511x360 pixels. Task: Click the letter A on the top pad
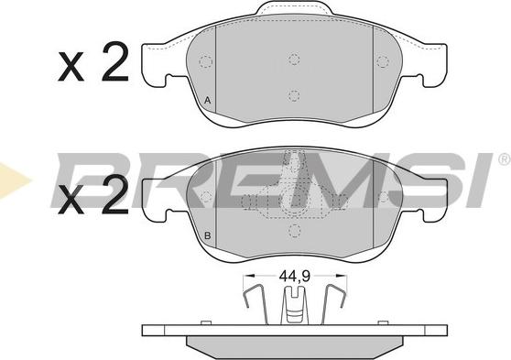click(207, 101)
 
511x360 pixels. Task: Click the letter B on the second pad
click(207, 235)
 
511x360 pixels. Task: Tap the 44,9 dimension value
click(294, 277)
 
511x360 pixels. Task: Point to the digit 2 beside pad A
click(115, 61)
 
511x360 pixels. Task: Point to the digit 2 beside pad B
click(115, 195)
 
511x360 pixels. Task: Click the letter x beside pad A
click(71, 66)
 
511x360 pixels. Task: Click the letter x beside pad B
click(71, 200)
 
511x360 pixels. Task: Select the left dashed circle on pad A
click(205, 61)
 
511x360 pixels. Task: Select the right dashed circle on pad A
click(383, 61)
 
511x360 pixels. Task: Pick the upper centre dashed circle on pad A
click(294, 59)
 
